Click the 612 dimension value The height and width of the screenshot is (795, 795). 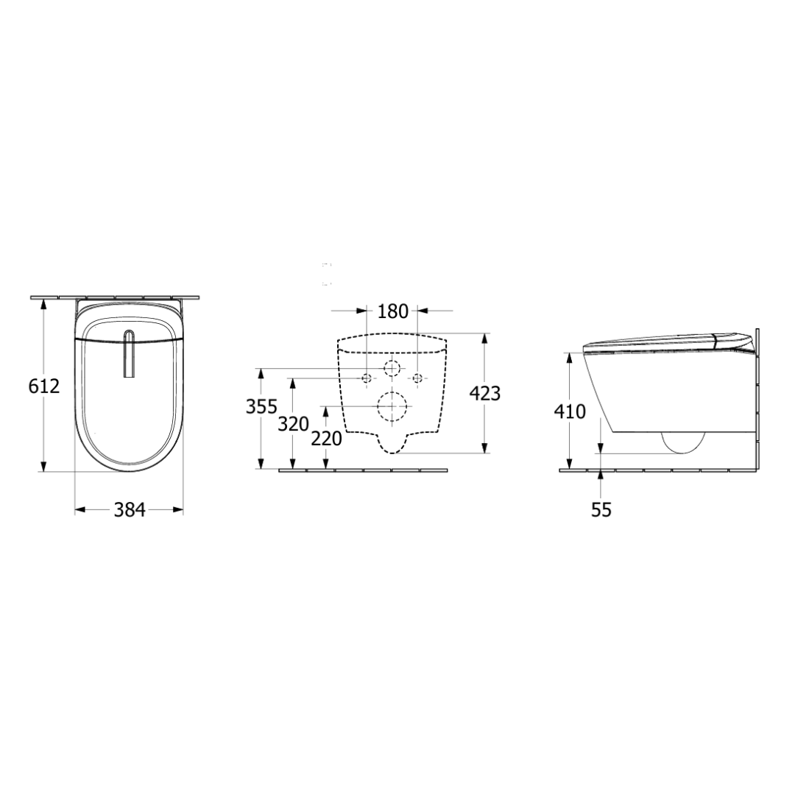[x=44, y=386]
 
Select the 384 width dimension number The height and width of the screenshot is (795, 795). [x=130, y=509]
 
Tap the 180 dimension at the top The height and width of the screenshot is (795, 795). [x=393, y=311]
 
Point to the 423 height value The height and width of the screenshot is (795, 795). [x=484, y=393]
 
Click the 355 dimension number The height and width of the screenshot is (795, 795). [x=261, y=406]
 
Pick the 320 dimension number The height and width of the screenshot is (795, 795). [x=294, y=424]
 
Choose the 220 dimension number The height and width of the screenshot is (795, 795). [x=327, y=439]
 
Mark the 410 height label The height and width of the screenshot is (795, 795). [x=570, y=411]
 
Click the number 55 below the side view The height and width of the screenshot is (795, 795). [x=601, y=509]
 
